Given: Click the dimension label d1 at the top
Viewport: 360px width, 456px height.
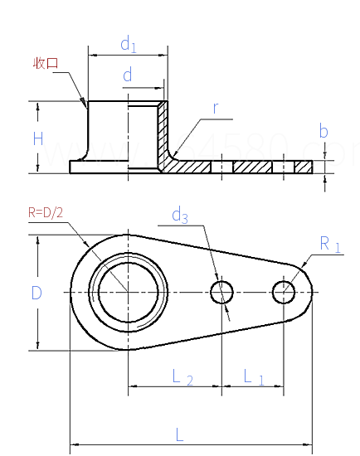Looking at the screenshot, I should [x=128, y=43].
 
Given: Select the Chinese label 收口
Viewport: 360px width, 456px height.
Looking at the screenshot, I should [x=46, y=64].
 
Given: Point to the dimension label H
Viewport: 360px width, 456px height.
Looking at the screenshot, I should [x=37, y=138].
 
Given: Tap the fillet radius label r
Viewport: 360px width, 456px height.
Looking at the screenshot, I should [x=215, y=108].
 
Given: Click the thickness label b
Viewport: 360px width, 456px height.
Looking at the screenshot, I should [x=324, y=131].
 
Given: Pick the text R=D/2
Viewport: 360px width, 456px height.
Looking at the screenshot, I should [x=46, y=212].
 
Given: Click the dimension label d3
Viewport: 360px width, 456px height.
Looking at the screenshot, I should [x=180, y=216].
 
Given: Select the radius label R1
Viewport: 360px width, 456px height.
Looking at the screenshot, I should [x=330, y=243].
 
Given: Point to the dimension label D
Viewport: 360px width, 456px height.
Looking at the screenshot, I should [x=36, y=293].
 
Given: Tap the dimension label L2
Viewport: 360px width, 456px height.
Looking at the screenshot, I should [x=183, y=378].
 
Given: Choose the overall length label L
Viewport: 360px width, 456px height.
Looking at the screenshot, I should [x=180, y=434].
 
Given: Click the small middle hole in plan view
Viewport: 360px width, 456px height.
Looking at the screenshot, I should [x=221, y=291].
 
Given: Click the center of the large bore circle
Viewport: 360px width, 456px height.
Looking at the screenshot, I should [x=129, y=291].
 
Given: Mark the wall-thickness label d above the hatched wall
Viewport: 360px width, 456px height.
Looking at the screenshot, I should [x=128, y=76].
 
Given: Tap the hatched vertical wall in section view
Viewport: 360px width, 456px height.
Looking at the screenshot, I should [x=163, y=133].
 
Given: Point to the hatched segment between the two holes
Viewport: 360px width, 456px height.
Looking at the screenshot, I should [x=253, y=167].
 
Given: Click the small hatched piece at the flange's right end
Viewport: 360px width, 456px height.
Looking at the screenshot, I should [x=304, y=167].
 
